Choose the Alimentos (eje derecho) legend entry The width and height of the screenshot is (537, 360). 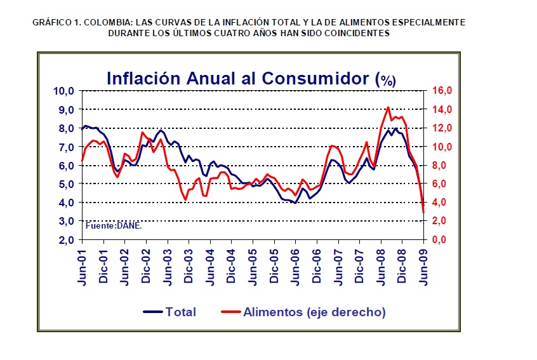[314, 312]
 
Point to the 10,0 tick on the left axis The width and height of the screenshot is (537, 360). [66, 91]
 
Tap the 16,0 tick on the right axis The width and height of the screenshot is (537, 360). [442, 91]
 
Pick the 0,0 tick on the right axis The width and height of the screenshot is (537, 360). [442, 240]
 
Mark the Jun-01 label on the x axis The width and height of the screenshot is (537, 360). [82, 267]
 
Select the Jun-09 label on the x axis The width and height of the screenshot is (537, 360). [424, 267]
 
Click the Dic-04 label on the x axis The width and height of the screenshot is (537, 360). [232, 267]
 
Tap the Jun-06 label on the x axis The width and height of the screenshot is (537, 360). [296, 267]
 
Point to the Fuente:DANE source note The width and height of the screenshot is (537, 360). [114, 225]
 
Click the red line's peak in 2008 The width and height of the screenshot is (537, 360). [388, 107]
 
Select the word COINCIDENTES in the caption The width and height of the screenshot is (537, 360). [352, 33]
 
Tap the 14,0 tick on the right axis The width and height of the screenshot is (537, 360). [442, 109]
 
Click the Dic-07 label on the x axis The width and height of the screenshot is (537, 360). [360, 267]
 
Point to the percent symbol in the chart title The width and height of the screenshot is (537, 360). [385, 80]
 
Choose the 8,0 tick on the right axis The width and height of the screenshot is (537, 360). [442, 165]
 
